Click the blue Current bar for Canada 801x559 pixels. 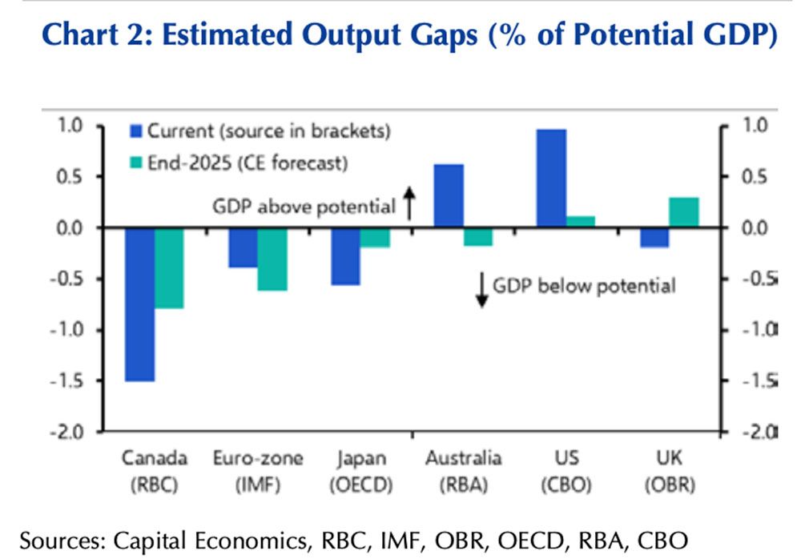pos(139,304)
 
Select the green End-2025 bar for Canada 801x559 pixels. pos(170,267)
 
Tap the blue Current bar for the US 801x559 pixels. pos(551,178)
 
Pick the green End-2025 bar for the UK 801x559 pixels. pos(684,212)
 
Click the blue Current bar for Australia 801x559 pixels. pos(449,195)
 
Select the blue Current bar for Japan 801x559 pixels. pos(345,256)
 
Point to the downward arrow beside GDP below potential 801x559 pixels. pos(481,290)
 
